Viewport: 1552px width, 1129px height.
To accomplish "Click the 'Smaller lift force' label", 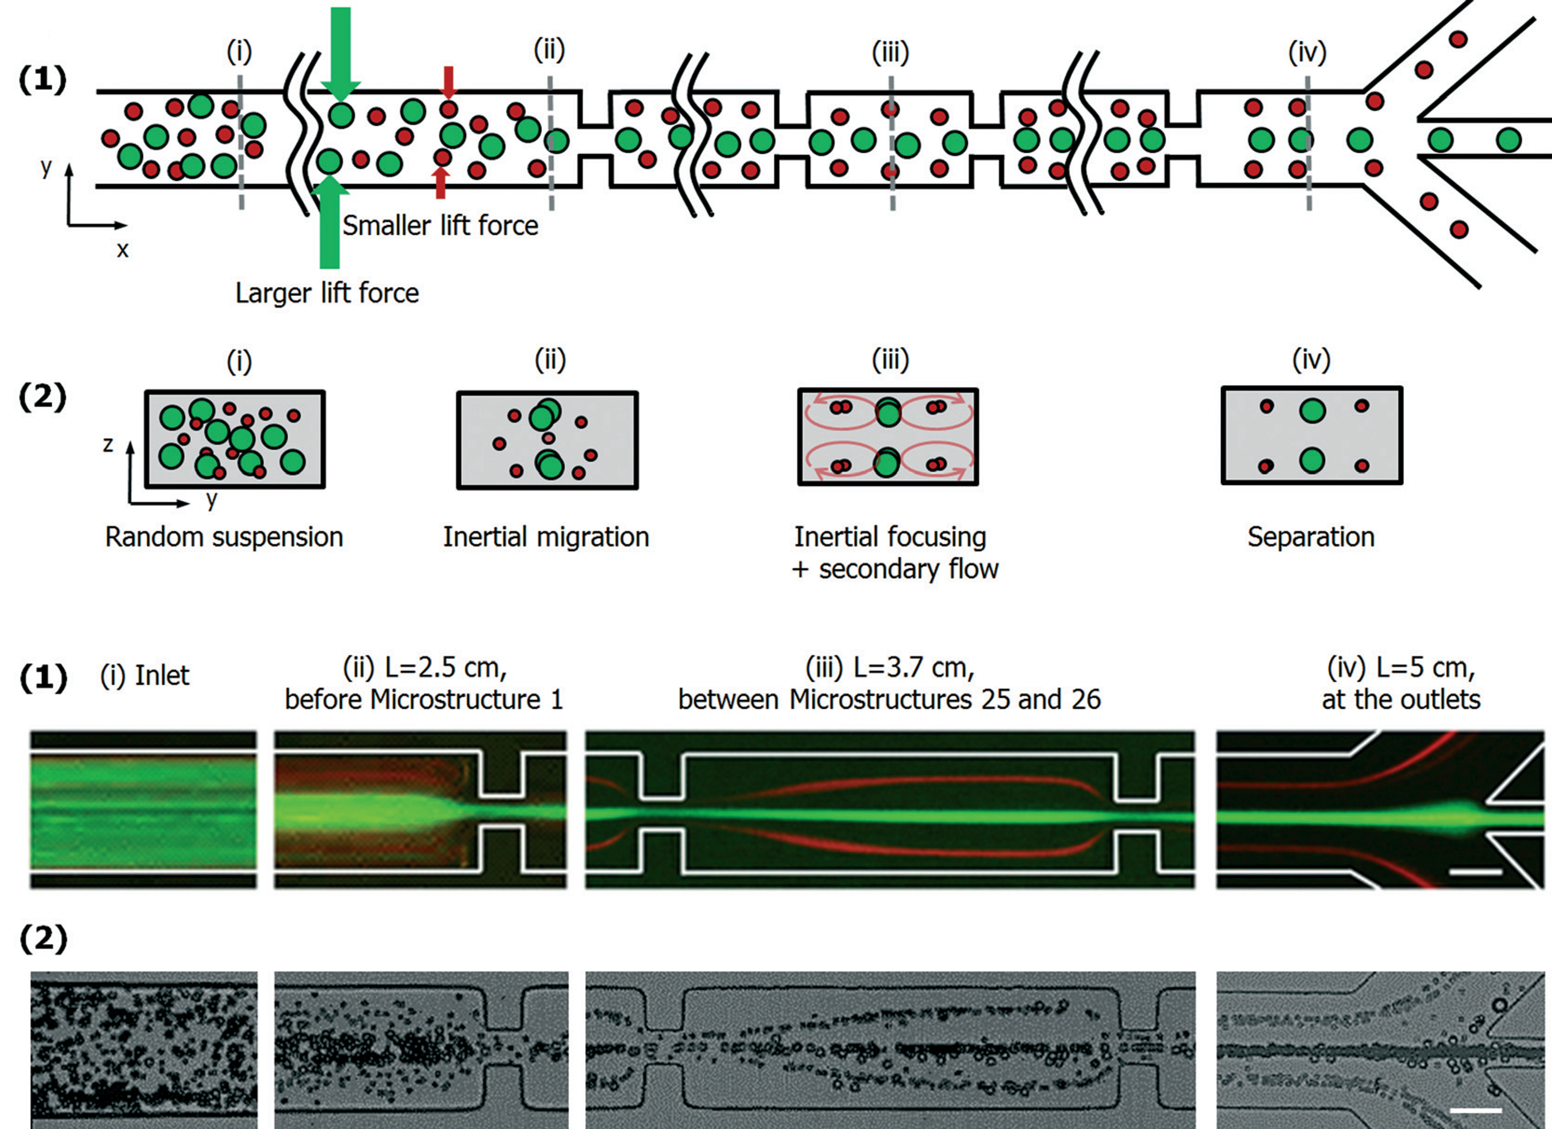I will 440,226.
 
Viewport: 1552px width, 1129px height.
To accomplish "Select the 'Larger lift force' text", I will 327,293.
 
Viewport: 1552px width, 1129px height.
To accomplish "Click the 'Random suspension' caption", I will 224,537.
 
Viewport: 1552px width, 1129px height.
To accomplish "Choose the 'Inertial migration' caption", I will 546,537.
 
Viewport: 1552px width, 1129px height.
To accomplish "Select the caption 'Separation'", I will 1310,537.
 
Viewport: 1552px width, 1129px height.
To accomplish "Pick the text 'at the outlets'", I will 1401,699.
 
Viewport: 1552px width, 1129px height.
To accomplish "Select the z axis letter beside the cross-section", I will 108,445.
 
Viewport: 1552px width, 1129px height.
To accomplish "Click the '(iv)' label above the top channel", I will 1307,52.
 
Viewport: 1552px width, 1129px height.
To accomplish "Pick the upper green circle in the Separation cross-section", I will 1312,411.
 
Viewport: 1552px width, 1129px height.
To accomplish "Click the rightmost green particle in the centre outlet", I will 1508,140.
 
